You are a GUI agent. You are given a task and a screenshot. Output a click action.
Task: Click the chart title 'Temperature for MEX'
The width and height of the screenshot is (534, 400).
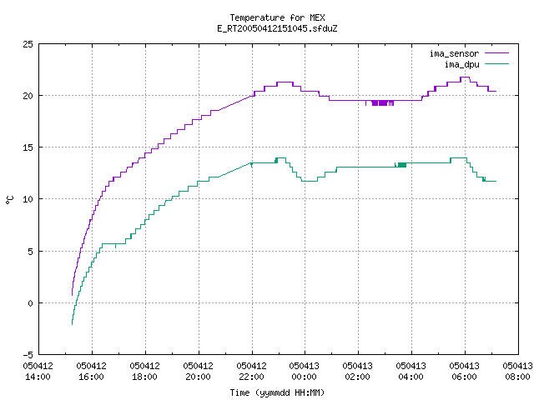tap(277, 17)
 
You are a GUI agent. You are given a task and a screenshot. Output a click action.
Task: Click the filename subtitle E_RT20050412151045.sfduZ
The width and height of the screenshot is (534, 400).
tap(277, 28)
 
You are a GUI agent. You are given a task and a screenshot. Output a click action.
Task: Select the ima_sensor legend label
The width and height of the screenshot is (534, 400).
tap(454, 53)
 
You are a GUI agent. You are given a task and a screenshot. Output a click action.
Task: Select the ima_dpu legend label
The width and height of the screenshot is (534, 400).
tap(462, 64)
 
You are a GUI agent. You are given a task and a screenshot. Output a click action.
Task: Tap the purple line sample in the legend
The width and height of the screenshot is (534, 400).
tap(496, 53)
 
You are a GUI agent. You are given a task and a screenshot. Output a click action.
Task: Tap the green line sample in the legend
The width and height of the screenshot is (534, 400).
tap(496, 63)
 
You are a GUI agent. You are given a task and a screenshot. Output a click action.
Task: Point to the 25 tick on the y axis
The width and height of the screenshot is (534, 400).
tap(28, 44)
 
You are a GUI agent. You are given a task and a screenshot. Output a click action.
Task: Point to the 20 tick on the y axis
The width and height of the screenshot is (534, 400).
tap(28, 96)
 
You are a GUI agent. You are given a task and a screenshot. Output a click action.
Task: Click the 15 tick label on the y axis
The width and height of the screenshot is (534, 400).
tap(28, 147)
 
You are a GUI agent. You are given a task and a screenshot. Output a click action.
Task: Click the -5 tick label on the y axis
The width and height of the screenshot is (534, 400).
tap(28, 355)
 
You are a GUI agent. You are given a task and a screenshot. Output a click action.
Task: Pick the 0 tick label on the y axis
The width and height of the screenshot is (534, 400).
tap(31, 303)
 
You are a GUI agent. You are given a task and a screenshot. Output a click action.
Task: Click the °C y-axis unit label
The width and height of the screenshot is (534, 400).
tap(9, 200)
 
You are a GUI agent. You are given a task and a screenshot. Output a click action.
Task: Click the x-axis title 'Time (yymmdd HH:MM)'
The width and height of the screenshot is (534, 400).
tap(277, 392)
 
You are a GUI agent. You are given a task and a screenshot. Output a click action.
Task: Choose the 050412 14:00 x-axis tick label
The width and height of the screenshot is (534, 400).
tap(38, 372)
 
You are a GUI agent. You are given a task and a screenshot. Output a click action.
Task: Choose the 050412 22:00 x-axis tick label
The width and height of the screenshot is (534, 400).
tap(252, 372)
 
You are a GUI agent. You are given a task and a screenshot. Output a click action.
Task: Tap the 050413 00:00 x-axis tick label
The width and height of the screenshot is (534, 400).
tap(304, 372)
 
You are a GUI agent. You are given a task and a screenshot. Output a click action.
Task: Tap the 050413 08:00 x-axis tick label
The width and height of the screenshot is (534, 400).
tap(517, 372)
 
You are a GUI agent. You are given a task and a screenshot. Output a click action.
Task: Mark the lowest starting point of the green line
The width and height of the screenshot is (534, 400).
tap(73, 324)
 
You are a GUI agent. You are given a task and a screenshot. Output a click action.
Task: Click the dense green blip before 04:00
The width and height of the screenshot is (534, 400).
tap(400, 165)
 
